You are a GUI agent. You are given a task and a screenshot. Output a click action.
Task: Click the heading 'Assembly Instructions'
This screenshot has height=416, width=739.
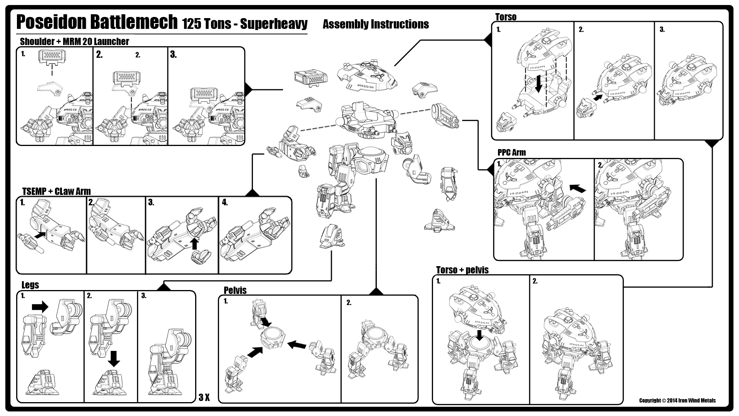tap(376, 24)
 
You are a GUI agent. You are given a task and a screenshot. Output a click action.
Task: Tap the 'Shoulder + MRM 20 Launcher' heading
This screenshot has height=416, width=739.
tap(74, 42)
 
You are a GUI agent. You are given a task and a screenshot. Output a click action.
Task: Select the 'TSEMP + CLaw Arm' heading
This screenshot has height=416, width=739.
tap(56, 191)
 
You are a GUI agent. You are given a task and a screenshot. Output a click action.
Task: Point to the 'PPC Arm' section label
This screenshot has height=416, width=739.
tap(512, 153)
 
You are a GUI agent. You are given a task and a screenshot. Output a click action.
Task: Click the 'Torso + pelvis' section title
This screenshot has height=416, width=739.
tap(462, 270)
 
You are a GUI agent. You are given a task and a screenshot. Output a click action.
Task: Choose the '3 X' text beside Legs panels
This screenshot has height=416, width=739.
tap(204, 398)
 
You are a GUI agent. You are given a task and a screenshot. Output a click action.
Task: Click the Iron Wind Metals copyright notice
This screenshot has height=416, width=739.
tap(677, 401)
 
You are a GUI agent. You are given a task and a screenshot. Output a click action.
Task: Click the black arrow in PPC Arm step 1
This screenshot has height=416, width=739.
tap(577, 188)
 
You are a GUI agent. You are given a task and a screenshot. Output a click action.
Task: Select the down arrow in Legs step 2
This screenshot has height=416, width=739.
tap(114, 358)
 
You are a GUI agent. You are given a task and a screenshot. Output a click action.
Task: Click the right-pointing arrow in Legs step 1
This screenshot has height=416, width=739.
tap(40, 307)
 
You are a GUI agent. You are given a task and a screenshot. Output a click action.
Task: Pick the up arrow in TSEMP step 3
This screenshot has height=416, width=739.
tap(195, 243)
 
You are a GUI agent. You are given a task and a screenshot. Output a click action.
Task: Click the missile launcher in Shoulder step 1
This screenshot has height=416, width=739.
tap(51, 57)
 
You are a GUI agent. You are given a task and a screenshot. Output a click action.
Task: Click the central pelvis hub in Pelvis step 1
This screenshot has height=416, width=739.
tap(273, 338)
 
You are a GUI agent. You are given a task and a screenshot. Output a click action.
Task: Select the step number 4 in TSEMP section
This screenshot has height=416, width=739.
tap(225, 203)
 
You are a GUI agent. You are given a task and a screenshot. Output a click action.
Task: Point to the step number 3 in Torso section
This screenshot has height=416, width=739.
tap(662, 30)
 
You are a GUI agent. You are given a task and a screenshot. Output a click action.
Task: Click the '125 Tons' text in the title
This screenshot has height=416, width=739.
tap(207, 24)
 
